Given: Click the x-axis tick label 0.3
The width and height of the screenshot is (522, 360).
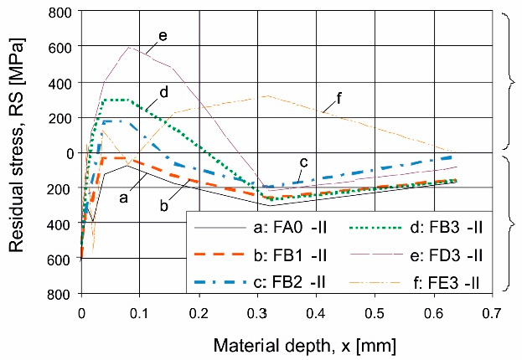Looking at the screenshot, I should click(256, 313).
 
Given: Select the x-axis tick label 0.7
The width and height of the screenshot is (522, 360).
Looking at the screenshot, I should click(492, 313).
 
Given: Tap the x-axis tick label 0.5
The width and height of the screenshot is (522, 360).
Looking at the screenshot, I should click(375, 313).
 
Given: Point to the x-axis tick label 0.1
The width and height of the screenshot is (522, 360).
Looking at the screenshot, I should click(139, 313).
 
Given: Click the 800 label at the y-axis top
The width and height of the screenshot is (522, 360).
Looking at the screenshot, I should click(58, 13).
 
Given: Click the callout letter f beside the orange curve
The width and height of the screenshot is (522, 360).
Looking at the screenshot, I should click(339, 98).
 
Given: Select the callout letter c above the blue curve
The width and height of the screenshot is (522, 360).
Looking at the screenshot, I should click(304, 162).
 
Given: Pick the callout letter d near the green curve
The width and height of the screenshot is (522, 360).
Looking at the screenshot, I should click(164, 91).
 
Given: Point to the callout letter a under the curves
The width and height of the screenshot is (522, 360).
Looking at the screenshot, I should click(123, 198).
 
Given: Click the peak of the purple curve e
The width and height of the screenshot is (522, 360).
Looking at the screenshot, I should click(129, 46).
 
